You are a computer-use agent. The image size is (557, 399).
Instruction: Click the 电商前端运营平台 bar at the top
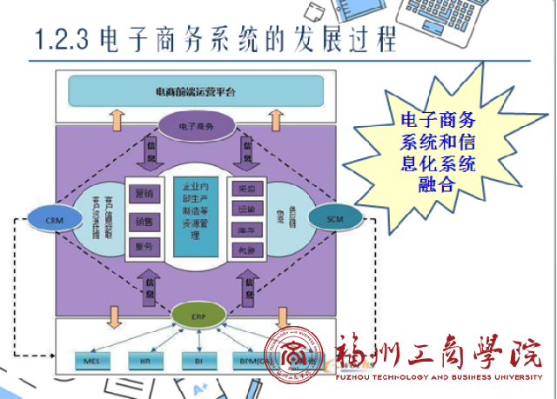click(195, 91)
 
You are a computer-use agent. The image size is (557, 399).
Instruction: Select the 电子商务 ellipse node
click(195, 126)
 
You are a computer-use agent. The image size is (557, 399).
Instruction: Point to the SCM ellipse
click(336, 218)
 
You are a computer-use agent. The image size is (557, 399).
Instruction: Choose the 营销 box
click(144, 192)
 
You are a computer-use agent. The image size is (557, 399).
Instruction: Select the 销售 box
click(144, 221)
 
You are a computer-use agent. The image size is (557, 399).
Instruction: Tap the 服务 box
click(144, 248)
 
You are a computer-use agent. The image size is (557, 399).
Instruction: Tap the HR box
click(144, 358)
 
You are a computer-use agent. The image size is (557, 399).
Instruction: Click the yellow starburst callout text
click(436, 151)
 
